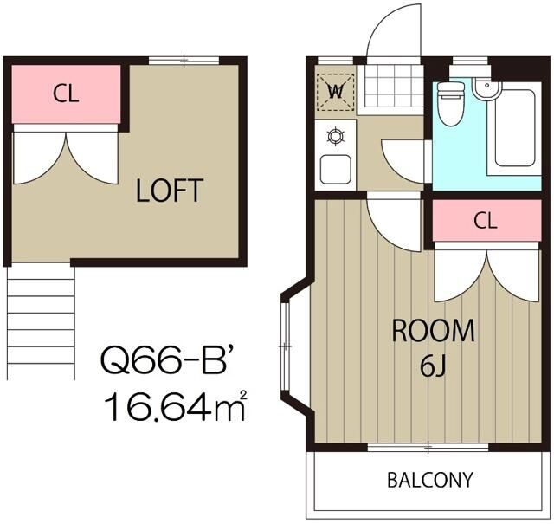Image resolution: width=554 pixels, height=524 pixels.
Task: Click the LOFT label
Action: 170,191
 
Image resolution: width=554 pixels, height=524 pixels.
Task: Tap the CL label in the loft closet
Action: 66,94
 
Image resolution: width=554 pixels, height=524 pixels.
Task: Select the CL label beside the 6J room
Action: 486,221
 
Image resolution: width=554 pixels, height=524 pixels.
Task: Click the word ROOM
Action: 433,331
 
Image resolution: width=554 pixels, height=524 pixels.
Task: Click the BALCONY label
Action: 430,480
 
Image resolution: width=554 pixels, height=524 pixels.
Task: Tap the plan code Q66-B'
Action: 166,360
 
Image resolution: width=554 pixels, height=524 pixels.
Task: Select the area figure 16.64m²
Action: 175,406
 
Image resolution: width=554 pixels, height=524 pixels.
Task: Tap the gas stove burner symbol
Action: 335,136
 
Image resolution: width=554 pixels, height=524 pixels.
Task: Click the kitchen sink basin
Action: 335,170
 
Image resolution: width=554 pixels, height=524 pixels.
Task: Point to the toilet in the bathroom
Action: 450,102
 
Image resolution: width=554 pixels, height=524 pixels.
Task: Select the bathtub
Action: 515,127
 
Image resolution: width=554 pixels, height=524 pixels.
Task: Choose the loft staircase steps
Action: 41,322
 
